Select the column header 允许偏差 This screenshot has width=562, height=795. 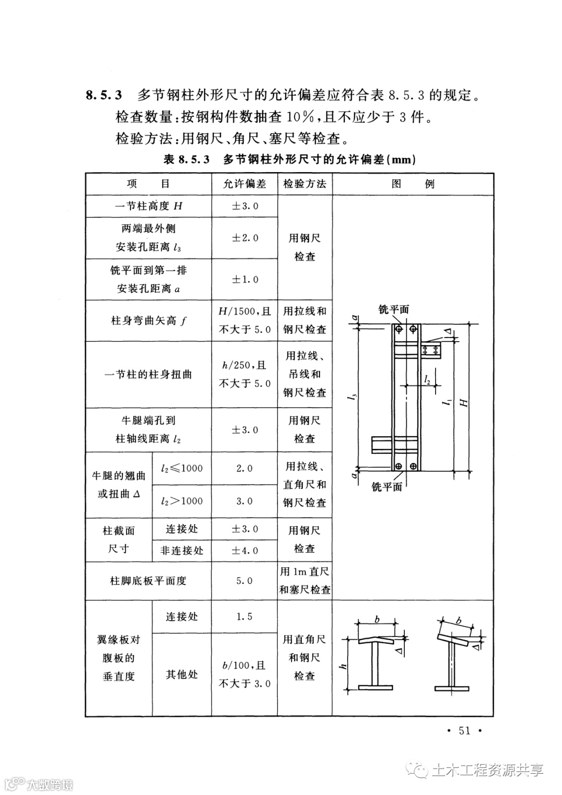pos(244,184)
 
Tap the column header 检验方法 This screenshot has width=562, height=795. pos(304,184)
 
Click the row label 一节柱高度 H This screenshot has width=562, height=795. pos(148,206)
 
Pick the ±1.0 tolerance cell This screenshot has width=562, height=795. pos(244,280)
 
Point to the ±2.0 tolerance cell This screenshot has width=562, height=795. pos(244,238)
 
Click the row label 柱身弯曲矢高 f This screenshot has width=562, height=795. pos(148,321)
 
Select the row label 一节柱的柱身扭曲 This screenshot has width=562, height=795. pos(148,374)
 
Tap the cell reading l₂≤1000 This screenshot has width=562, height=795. pos(182,468)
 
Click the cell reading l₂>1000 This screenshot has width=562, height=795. pos(182,501)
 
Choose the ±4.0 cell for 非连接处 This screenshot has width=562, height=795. pos(244,551)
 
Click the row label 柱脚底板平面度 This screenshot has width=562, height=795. pos(148,581)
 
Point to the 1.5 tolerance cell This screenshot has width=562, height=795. pos(244,617)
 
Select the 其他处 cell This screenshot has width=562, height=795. pos(182,675)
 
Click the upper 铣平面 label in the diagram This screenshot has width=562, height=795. pos(393,310)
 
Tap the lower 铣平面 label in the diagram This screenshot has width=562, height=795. pos(387,487)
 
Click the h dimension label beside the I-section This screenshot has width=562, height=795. pos(344,667)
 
